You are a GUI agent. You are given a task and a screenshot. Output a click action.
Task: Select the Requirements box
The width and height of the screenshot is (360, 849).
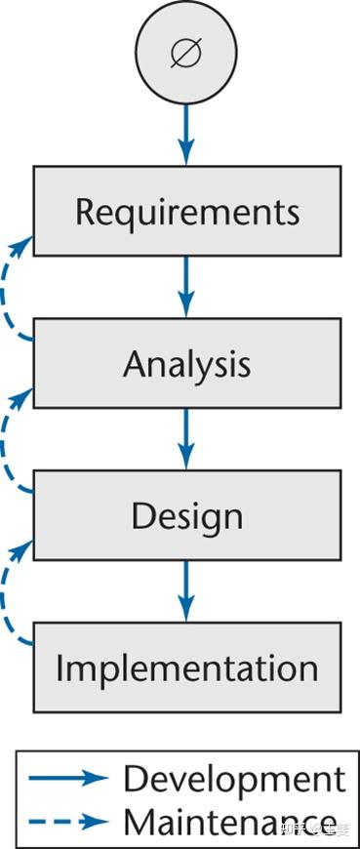pos(187,212)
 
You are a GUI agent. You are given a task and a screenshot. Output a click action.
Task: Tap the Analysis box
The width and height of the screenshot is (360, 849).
pos(187,364)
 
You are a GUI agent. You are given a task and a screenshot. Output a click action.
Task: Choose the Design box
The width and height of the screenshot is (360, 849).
pos(187,516)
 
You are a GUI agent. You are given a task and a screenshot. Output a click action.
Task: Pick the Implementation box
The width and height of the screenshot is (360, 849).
pos(187,668)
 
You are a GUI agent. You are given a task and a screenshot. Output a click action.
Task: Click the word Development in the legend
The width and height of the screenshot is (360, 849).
pos(234,779)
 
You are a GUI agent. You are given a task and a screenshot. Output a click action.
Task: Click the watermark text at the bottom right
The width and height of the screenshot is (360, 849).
pos(314,829)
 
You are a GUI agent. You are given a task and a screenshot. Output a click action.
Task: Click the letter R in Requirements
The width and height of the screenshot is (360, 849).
pos(86,212)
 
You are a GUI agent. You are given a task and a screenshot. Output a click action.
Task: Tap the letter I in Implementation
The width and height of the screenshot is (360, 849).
pos(60,668)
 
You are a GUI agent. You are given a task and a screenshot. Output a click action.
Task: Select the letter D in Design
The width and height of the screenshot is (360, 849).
pos(142,515)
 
